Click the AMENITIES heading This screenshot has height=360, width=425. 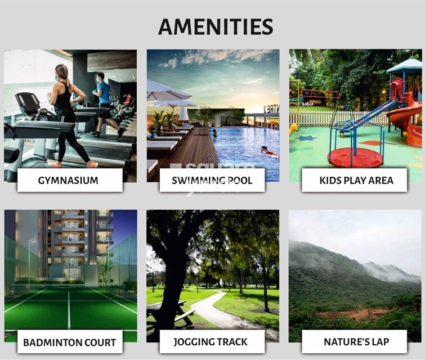coord(216,26)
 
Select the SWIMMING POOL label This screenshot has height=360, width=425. coord(212,181)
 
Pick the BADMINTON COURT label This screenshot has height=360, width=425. coord(69,341)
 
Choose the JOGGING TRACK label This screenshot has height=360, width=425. coord(212,341)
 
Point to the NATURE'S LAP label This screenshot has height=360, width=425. coord(355,341)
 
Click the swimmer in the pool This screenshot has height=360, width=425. coord(269,152)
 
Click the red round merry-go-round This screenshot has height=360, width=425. coord(355,157)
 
